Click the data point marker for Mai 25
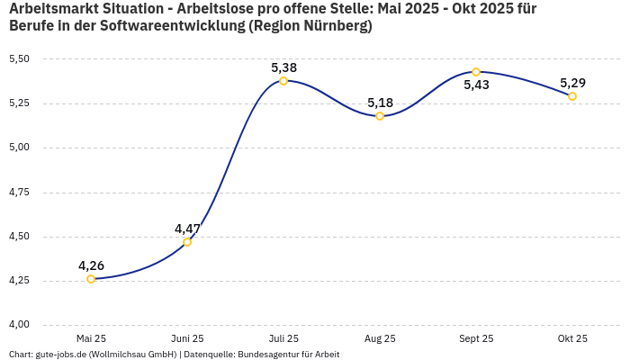click(91, 279)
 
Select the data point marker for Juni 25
click(187, 242)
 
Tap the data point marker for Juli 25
click(283, 81)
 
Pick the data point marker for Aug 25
click(380, 116)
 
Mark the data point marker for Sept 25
click(476, 72)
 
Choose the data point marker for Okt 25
click(572, 96)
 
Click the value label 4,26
click(91, 265)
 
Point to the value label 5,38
click(283, 67)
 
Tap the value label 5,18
click(380, 103)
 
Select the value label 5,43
click(476, 85)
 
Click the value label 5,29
click(572, 83)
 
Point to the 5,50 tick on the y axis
click(19, 59)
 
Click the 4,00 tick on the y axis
click(19, 325)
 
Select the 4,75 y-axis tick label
click(19, 193)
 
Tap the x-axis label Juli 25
click(283, 339)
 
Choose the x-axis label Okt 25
click(572, 339)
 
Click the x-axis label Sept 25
click(476, 339)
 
